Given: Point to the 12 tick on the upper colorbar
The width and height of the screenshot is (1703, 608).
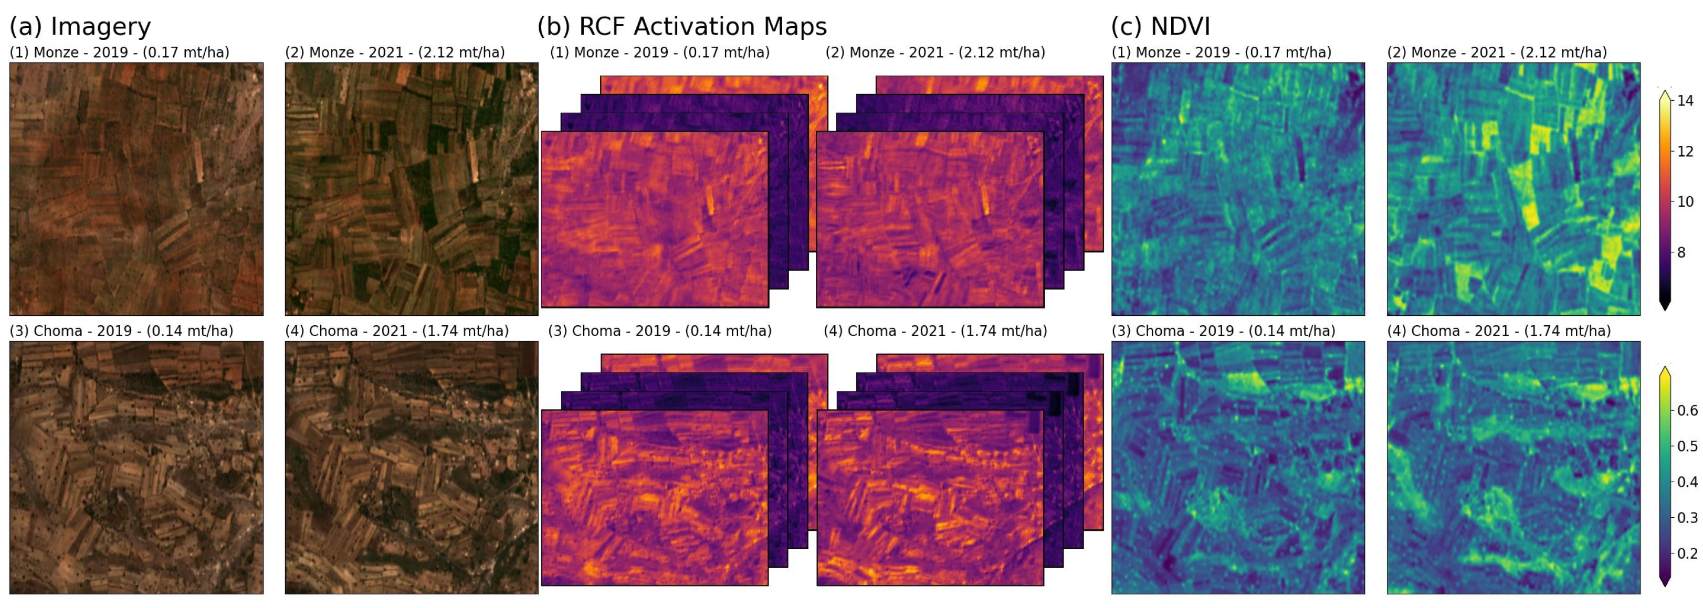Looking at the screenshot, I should [1685, 151].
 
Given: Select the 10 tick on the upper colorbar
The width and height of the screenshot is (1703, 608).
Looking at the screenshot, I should [1685, 201].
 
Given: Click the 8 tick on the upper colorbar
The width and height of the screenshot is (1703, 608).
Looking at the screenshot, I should [1685, 252].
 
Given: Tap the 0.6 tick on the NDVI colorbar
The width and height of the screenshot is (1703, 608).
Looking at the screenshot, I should [1687, 410].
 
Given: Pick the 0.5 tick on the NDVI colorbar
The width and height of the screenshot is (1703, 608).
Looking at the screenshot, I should [1687, 446].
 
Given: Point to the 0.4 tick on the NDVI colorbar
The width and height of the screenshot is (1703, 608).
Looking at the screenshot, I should [1687, 482].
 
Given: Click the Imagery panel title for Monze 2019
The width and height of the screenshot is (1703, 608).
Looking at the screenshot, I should [120, 53].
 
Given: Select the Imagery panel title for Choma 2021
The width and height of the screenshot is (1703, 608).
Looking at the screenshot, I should [397, 331].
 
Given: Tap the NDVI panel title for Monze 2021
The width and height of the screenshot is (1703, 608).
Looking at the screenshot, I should [1497, 53].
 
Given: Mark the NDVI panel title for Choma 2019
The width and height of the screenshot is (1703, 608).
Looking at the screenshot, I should [1223, 331].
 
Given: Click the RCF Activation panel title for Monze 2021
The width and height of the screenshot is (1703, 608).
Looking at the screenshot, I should [935, 53].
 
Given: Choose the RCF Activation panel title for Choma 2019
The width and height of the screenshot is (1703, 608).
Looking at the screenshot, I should [660, 331].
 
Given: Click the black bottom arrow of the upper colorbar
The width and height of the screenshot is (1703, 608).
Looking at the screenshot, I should [1665, 305].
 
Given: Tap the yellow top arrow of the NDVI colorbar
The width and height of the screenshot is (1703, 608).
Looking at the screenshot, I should [1665, 374].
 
